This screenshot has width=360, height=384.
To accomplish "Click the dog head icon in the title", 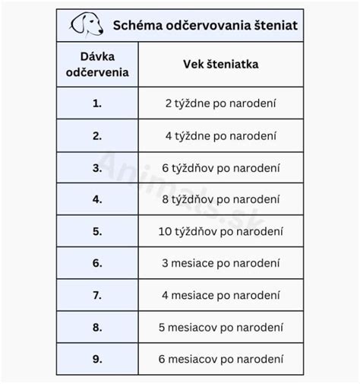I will point(87,26).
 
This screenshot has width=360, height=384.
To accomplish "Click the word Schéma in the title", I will point(134,27).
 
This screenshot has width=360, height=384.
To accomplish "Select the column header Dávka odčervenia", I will point(97,65).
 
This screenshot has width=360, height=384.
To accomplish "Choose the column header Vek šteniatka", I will point(221,65).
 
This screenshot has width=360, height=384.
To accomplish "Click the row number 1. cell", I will point(97,103).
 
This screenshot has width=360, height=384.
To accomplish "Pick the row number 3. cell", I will point(97,167).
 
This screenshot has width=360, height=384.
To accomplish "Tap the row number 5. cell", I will point(97,231).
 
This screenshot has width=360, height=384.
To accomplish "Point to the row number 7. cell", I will point(97,294).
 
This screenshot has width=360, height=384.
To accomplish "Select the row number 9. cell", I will point(97,358).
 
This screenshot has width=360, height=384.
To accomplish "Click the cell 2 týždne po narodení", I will point(221,103).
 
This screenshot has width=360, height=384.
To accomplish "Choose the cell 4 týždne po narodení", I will point(221,135).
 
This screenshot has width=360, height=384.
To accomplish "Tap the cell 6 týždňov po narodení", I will point(221,167).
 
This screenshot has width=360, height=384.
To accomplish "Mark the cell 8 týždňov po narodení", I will point(221,199).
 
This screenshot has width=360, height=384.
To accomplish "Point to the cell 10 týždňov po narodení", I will point(221,231).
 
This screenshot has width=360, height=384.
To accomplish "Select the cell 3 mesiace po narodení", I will point(221,263).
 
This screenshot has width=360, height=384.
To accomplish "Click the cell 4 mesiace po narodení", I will point(221,294).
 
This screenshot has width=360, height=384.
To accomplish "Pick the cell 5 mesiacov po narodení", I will point(221,326).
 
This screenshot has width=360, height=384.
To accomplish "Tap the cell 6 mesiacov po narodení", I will point(221,358).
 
